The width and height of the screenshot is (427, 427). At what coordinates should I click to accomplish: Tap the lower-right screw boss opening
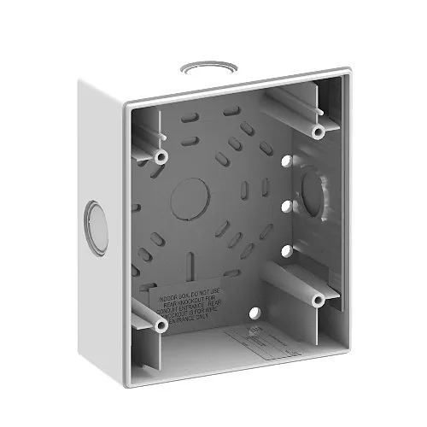click(x=317, y=300)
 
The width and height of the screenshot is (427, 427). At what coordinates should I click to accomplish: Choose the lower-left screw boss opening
click(x=160, y=325)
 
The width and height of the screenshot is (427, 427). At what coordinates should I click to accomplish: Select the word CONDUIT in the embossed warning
click(x=161, y=310)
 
